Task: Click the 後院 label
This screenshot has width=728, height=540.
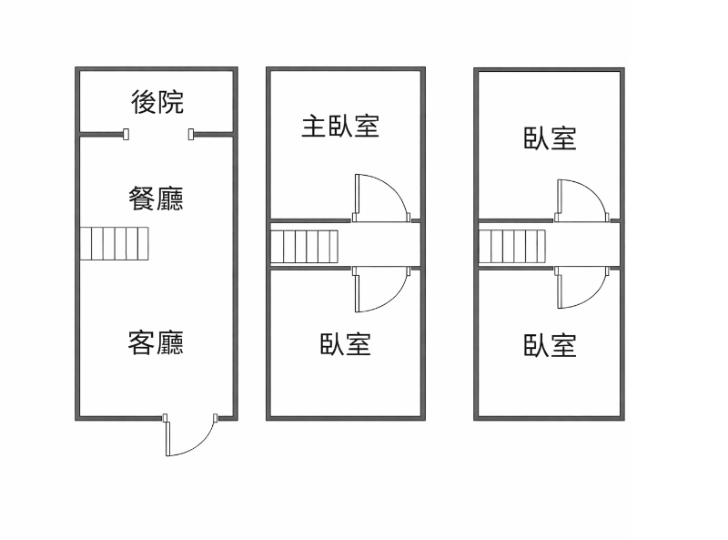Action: click(157, 102)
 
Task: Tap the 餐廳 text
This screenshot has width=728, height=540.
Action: click(157, 198)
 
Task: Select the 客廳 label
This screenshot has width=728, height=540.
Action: click(157, 343)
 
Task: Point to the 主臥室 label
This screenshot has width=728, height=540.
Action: click(340, 126)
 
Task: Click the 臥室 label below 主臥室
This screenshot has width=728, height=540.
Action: click(346, 344)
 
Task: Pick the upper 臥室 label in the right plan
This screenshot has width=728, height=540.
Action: click(551, 138)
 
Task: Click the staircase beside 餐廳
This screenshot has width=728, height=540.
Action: click(114, 244)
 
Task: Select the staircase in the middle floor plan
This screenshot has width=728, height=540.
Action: click(304, 246)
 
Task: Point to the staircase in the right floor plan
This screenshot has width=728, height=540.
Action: click(511, 246)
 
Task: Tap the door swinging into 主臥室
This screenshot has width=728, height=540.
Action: click(378, 197)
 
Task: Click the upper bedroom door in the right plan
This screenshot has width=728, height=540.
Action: click(581, 199)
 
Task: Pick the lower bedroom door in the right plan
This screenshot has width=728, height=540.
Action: click(581, 290)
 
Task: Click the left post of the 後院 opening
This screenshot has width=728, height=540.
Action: click(126, 135)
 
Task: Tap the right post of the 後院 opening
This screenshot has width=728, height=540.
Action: click(191, 135)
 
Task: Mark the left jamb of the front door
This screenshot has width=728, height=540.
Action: click(166, 419)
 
